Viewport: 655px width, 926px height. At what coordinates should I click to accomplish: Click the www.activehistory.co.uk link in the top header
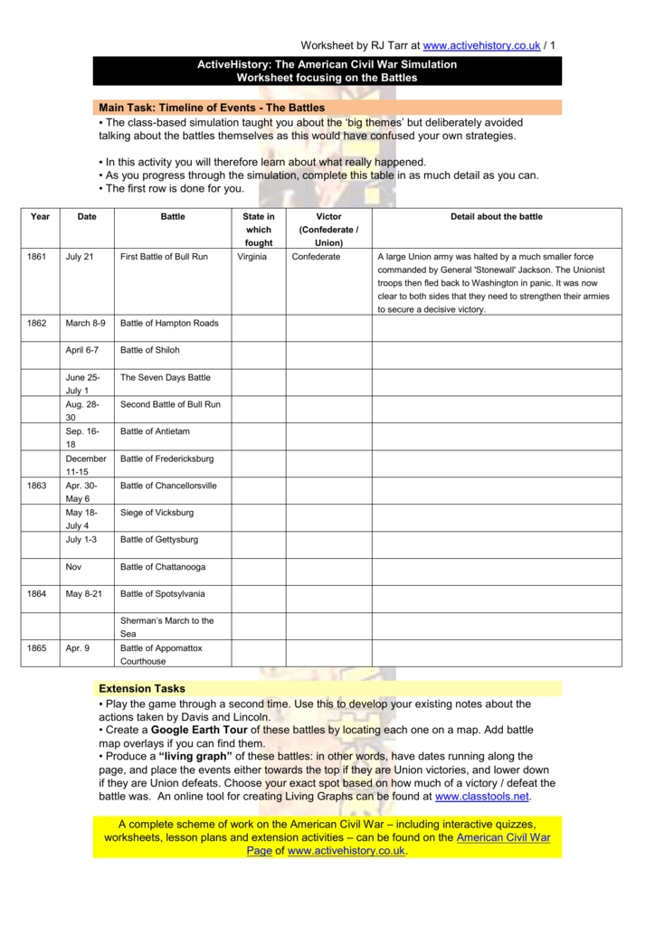tap(480, 46)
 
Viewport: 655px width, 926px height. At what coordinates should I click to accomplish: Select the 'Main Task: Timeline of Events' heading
tap(212, 108)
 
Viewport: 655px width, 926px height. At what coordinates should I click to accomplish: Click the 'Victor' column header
tap(328, 230)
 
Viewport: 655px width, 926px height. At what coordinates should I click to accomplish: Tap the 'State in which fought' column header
tap(258, 230)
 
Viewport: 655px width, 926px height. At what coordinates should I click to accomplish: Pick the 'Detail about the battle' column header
tap(497, 217)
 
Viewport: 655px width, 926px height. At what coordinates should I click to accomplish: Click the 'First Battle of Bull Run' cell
tap(164, 257)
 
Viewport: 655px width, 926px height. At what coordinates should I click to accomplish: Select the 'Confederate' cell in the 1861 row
tap(316, 257)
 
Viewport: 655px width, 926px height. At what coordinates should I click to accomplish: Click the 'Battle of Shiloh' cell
tap(150, 350)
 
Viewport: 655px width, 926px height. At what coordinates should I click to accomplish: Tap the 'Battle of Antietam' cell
tap(156, 431)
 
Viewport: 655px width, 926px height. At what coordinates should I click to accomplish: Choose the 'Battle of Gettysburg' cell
tap(159, 540)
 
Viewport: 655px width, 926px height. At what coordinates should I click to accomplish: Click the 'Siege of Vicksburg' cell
tap(157, 513)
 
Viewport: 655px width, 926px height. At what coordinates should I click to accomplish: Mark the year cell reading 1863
tap(37, 486)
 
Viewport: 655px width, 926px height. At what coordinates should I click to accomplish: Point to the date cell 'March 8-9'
tap(85, 323)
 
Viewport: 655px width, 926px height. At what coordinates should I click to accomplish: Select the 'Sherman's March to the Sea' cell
tap(166, 627)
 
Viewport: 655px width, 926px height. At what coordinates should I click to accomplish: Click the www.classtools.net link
tap(482, 797)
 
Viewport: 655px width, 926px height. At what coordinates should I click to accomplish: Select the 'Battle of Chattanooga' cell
tap(163, 567)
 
